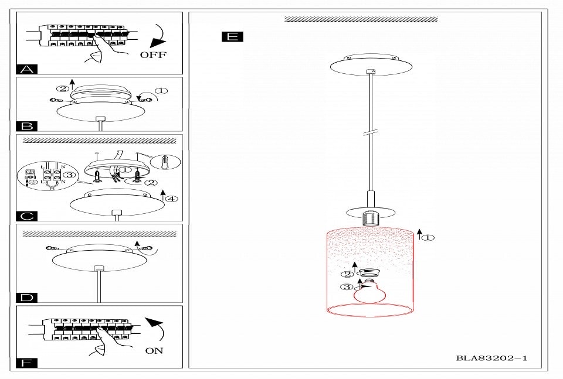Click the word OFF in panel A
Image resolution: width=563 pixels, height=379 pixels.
coord(153,55)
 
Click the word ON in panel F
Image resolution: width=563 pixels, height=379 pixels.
coord(154,350)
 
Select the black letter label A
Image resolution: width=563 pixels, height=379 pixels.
coord(27,69)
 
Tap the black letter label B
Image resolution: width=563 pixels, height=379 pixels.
coord(27,126)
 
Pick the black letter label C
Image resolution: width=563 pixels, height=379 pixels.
coord(27,216)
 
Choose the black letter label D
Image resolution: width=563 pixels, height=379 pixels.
coord(27,298)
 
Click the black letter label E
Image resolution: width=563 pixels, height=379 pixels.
coord(232,36)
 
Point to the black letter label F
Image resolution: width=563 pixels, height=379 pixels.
coord(27,363)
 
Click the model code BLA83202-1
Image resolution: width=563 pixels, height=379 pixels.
coord(491,358)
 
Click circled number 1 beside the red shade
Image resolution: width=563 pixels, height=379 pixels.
coord(428,237)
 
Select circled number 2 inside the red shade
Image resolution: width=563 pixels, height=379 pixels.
coord(347,275)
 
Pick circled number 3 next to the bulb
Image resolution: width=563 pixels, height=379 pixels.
coord(347,287)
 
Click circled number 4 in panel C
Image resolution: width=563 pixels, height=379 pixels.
coord(172,198)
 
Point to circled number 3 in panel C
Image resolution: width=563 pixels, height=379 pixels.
coord(70,175)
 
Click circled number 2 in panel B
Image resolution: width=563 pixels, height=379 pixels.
coord(63,88)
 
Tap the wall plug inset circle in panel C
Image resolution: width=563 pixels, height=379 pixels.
coord(165,162)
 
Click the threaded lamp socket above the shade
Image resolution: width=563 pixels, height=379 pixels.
coord(370,218)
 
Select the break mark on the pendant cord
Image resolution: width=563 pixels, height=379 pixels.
coord(371,132)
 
